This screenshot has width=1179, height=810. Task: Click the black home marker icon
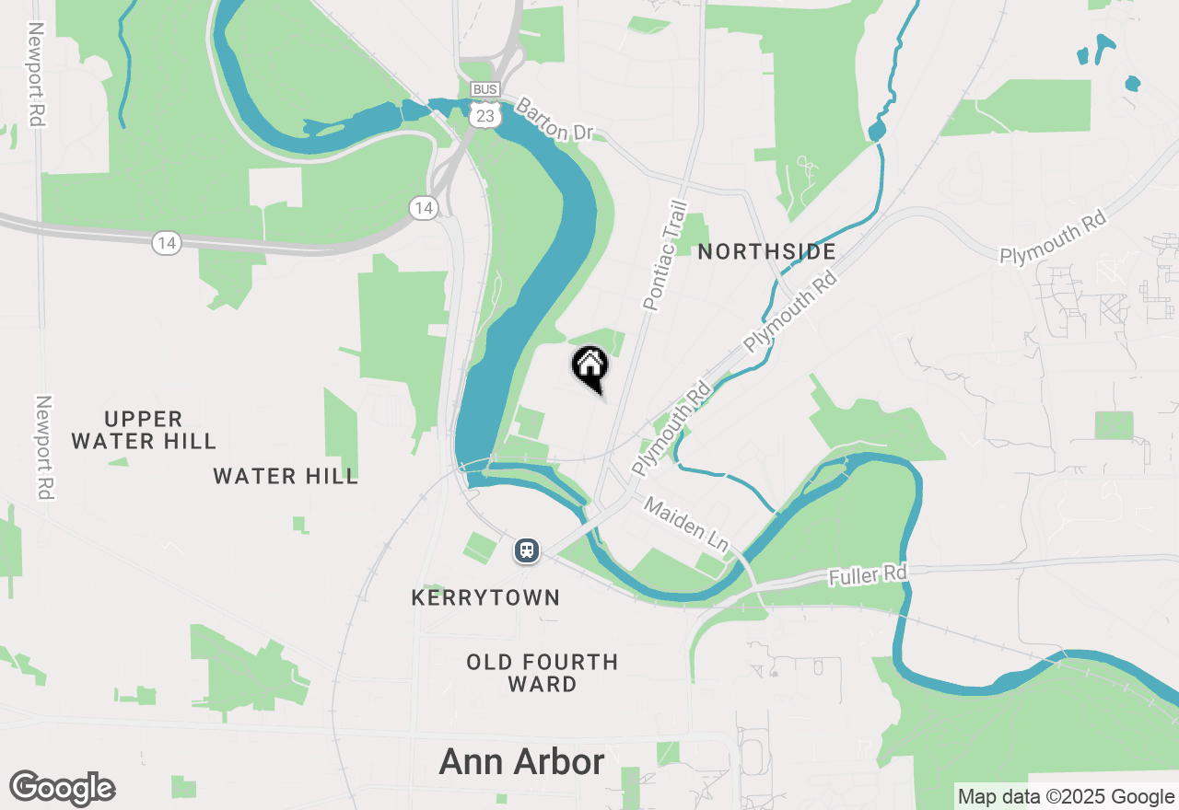(589, 365)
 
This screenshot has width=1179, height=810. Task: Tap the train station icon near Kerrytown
(526, 550)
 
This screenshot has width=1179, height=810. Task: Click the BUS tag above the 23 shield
(484, 89)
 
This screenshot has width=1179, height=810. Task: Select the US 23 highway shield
(484, 113)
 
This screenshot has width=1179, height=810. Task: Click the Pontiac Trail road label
(665, 256)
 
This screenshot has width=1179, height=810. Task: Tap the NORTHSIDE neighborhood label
(766, 251)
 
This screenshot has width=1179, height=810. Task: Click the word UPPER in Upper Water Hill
(144, 419)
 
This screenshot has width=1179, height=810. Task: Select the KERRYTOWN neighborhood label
(485, 598)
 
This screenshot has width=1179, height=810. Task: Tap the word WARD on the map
(543, 685)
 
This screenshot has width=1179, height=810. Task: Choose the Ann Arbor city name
(522, 762)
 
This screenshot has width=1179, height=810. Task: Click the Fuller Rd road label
(869, 575)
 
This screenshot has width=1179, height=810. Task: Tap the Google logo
(63, 789)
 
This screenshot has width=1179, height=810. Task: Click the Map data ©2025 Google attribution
(1066, 797)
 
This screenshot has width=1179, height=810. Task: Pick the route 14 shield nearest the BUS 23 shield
(423, 208)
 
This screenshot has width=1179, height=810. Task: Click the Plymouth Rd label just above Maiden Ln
(672, 428)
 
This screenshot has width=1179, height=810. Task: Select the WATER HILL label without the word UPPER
(286, 476)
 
